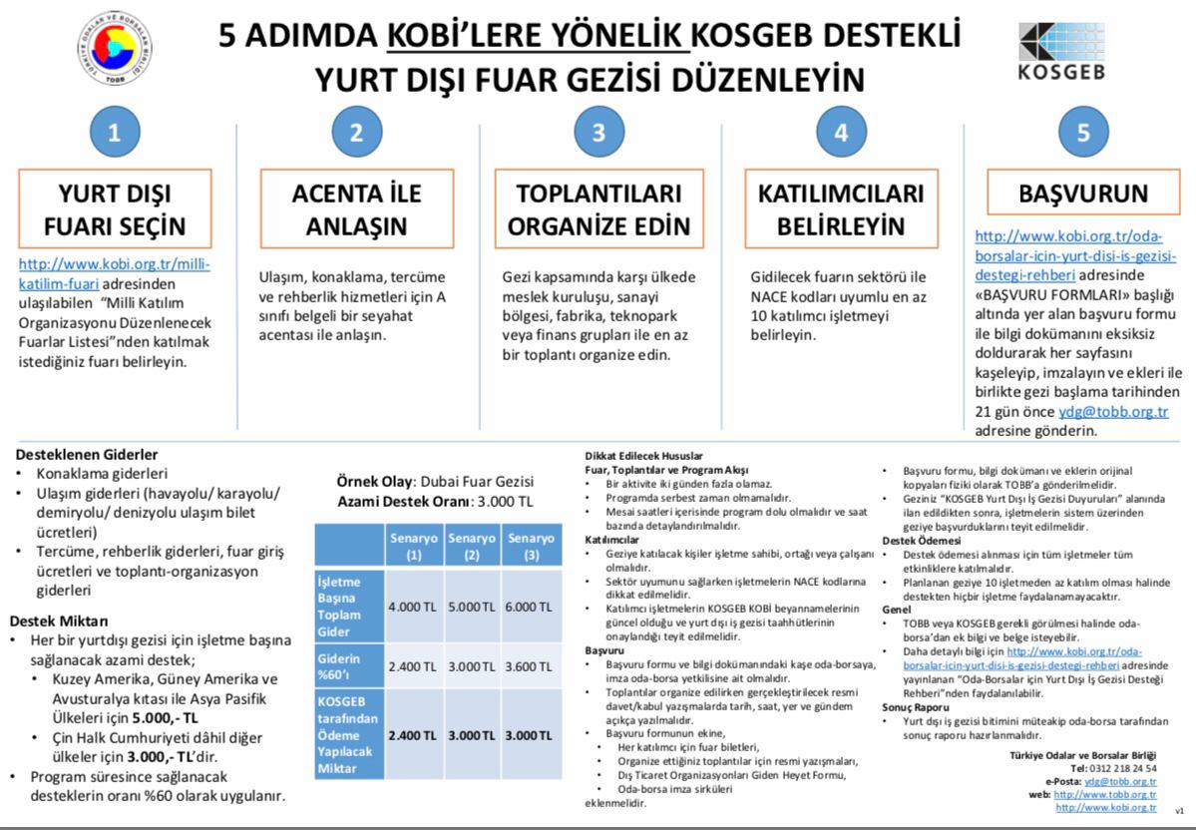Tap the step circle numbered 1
(115, 133)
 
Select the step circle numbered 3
(598, 133)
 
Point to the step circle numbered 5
(1082, 133)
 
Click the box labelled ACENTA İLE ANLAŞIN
(357, 208)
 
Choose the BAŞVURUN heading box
(1083, 193)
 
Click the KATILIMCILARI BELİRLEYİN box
(840, 208)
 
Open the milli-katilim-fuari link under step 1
(114, 274)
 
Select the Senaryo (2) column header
(472, 546)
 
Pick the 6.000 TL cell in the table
(529, 607)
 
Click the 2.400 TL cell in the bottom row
(413, 736)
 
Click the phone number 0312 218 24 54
(1127, 768)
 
